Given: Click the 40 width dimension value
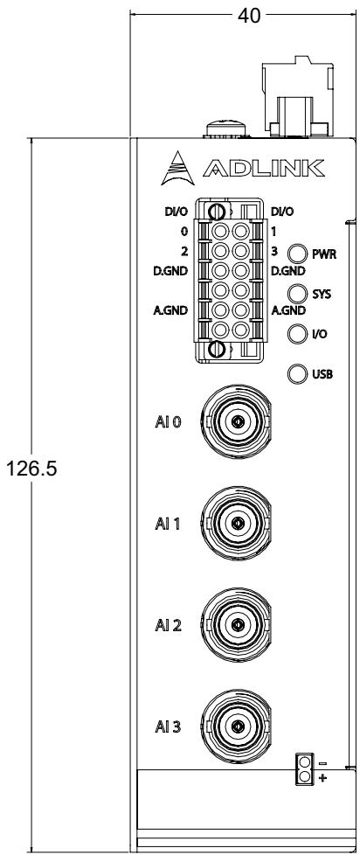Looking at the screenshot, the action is click(x=249, y=16).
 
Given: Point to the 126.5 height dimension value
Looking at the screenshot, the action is click(x=31, y=468).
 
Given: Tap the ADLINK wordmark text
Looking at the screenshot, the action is click(x=264, y=169).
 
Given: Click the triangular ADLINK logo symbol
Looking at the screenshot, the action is click(x=177, y=168).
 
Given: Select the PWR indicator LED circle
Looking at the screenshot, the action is click(x=297, y=254).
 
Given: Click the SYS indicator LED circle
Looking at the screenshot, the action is click(x=297, y=294).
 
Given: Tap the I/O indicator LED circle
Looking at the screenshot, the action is click(x=297, y=333).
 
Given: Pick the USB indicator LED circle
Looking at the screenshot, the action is click(x=297, y=373).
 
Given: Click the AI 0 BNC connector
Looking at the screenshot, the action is click(x=237, y=422).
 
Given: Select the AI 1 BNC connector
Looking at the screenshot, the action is click(x=237, y=524).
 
